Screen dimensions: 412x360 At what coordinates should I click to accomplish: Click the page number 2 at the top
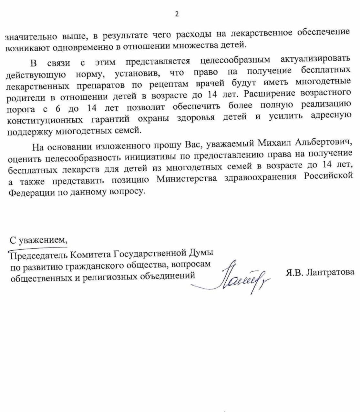[x=177, y=14]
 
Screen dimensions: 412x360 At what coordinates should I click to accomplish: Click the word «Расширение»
[x=270, y=94]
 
